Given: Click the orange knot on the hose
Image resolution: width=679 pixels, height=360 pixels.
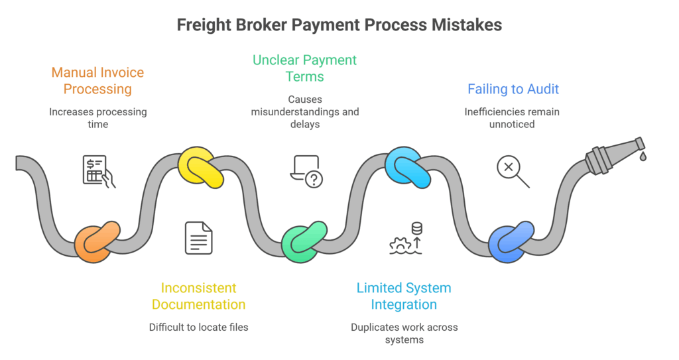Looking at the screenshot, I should (97, 240).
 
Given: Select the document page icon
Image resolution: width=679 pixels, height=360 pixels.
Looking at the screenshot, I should (199, 238).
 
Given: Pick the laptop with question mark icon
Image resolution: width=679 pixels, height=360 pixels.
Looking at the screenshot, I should (306, 171).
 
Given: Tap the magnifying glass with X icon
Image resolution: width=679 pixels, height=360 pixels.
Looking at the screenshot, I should (512, 171).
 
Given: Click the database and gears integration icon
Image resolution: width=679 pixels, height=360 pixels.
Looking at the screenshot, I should (406, 239).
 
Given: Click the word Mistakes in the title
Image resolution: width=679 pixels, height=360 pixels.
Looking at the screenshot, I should (464, 25).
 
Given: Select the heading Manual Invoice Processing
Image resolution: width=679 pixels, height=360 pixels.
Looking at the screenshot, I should (97, 81).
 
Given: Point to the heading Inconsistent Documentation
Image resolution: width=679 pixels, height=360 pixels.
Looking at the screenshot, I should (198, 296).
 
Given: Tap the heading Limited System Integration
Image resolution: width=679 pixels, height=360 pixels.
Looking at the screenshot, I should (404, 296).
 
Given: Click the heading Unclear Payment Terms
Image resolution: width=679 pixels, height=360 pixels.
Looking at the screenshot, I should (304, 68).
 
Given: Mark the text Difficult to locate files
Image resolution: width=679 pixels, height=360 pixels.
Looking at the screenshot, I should (198, 327).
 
